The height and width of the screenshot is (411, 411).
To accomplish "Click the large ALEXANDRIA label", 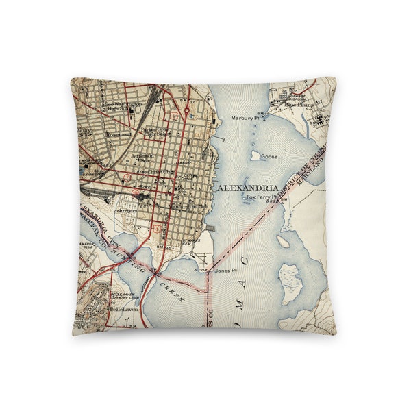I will point(247,188).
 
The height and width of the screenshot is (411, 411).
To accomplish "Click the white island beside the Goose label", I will point(256,156).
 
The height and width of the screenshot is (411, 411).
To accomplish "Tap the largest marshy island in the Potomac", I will point(292,282).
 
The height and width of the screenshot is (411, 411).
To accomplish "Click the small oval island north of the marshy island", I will point(284,241).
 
